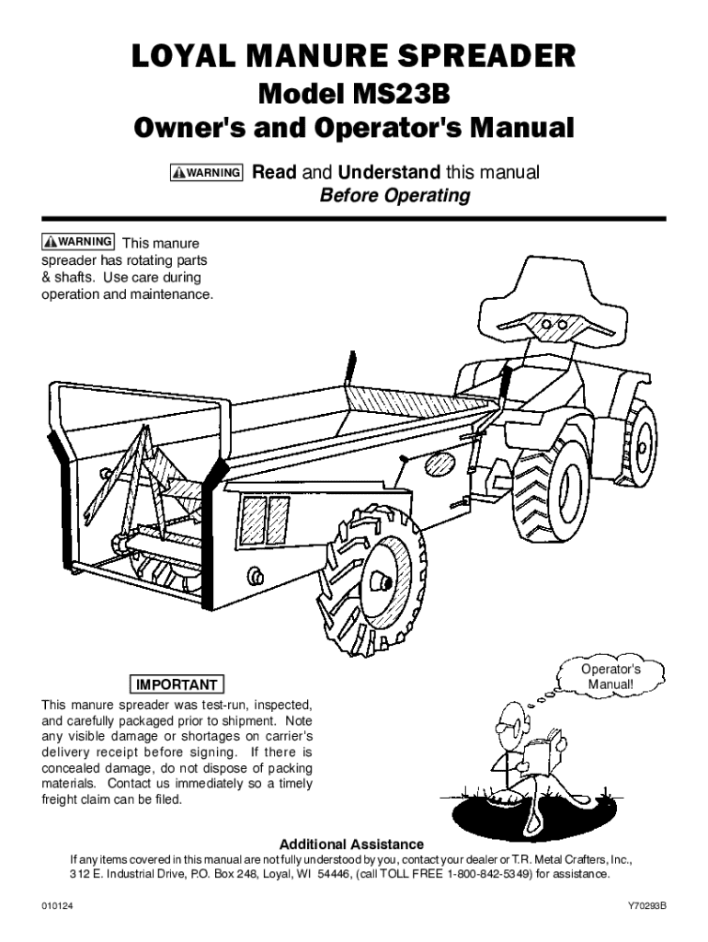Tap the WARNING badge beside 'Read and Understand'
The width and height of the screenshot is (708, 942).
click(x=206, y=173)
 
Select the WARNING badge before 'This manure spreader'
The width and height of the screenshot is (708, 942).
click(x=78, y=242)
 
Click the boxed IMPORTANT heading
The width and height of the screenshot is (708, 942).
click(x=178, y=684)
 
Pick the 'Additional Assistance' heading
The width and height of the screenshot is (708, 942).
click(x=351, y=844)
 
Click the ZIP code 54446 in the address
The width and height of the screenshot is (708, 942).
click(x=331, y=873)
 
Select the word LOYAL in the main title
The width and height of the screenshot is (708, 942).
click(x=180, y=59)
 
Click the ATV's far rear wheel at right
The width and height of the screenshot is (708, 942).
click(x=640, y=442)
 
